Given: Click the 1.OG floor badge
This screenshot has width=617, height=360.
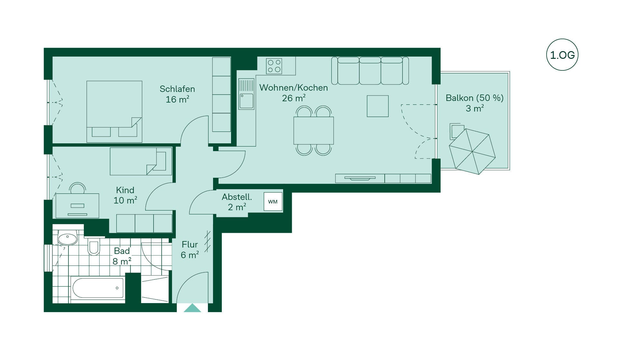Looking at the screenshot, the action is pos(562,55).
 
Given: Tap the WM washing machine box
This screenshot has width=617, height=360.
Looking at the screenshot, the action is pos(273,202).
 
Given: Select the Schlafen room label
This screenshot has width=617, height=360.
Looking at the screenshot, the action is pos(177,89).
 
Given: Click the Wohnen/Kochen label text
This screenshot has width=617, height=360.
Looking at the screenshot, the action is pos(293,88).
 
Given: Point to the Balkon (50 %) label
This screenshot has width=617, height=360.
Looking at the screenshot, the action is pos(475,98).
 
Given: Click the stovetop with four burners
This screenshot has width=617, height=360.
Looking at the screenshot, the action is pos(274,66).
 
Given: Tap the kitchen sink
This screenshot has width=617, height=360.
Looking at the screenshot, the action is pos(246,94).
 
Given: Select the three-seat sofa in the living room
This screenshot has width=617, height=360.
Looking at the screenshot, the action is pos(370,71).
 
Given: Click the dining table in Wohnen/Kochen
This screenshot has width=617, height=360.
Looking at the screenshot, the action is pos(314,130).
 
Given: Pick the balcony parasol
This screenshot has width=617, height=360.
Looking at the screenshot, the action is pos(472,151).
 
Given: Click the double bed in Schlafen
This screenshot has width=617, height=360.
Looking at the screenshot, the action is pos(114,112).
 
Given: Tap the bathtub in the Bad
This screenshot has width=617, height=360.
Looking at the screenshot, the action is pos(98,288).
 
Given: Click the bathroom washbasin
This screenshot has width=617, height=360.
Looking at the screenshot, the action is pos(67,239).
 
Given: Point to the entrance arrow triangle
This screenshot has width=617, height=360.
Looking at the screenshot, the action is pos(192,308).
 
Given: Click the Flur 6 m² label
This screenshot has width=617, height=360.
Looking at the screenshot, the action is pos(190,250).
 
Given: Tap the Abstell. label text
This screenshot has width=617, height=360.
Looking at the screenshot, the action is pos(237,197).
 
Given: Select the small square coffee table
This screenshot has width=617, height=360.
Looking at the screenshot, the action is pos(378,106).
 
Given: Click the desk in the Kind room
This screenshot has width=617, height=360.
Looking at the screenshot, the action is pos(77,206).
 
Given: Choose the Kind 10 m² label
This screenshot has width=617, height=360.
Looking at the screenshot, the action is pos(125,195).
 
